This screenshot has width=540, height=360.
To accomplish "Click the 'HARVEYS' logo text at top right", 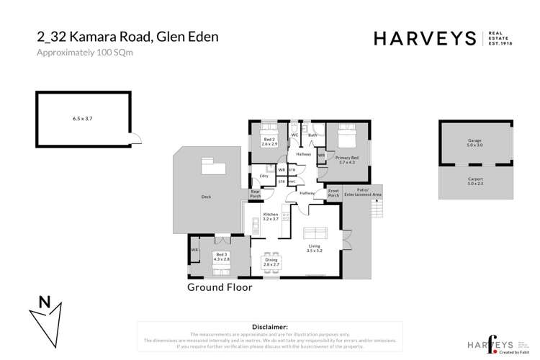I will pyautogui.click(x=425, y=38).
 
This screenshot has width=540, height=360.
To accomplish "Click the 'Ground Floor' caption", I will pyautogui.click(x=220, y=287).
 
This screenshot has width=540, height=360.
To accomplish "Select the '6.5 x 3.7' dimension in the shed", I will pyautogui.click(x=83, y=117).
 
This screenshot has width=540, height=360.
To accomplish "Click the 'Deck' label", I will pyautogui.click(x=207, y=196).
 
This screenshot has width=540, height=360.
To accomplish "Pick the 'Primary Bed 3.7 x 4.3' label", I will pyautogui.click(x=347, y=160).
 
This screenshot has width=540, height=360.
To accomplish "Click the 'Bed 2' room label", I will pyautogui.click(x=269, y=143).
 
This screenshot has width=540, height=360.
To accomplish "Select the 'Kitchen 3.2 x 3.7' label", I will pyautogui.click(x=271, y=217).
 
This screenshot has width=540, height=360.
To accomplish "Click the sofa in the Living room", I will pyautogui.click(x=315, y=233).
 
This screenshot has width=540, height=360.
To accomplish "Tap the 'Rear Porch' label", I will pyautogui.click(x=255, y=193).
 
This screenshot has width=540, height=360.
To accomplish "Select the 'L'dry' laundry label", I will pyautogui.click(x=264, y=176).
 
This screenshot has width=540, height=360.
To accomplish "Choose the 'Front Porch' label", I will pyautogui.click(x=333, y=194).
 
